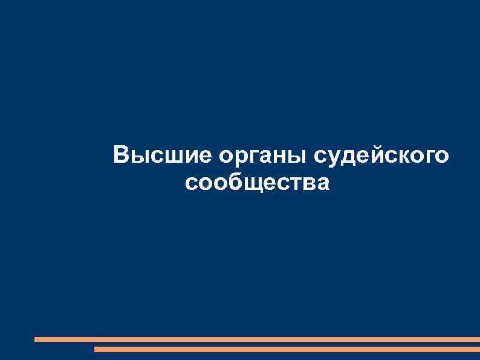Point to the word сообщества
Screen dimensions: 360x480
pos(258,182)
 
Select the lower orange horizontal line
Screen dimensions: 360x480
pos(287,349)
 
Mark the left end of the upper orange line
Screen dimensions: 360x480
pos(36,339)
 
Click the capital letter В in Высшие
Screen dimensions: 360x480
pos(121,155)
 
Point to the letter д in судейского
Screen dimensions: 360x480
pos(346,158)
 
